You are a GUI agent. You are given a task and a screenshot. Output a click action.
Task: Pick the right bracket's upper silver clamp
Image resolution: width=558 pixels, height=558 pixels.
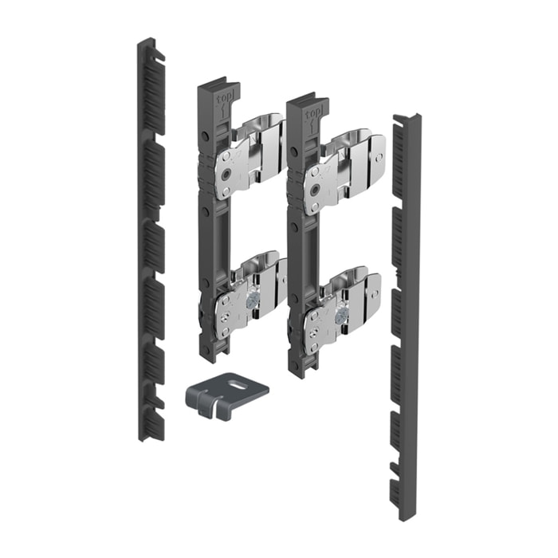pos(343,167)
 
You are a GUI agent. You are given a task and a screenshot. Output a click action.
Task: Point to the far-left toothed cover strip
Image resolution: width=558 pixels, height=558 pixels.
pos(151,239)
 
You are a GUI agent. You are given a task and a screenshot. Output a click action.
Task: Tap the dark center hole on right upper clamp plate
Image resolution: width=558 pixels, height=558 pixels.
pos(318,189)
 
